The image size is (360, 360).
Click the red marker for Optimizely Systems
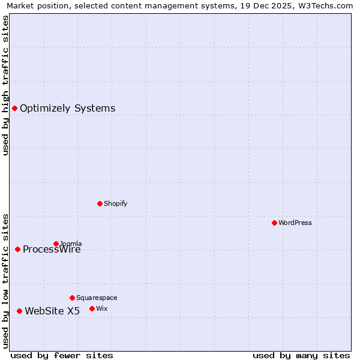pyautogui.click(x=15, y=108)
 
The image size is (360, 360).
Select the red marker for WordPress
pyautogui.click(x=274, y=223)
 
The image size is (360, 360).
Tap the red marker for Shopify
pyautogui.click(x=100, y=203)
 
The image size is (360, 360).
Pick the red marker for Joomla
pyautogui.click(x=56, y=244)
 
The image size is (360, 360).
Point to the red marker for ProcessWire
pyautogui.click(x=17, y=249)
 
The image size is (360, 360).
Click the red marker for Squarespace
pyautogui.click(x=72, y=298)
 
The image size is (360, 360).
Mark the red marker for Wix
pyautogui.click(x=92, y=308)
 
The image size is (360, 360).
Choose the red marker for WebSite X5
pyautogui.click(x=19, y=311)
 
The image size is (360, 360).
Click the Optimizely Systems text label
pyautogui.click(x=67, y=109)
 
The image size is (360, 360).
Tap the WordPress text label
pyautogui.click(x=295, y=223)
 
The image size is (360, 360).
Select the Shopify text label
pyautogui.click(x=115, y=203)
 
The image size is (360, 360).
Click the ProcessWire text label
pyautogui.click(x=52, y=250)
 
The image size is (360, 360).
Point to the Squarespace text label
pyautogui.click(x=97, y=298)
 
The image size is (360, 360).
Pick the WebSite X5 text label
pyautogui.click(x=52, y=311)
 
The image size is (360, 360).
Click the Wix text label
pyautogui.click(x=101, y=308)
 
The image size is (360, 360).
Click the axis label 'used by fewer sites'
pyautogui.click(x=62, y=355)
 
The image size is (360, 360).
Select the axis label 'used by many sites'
pyautogui.click(x=301, y=355)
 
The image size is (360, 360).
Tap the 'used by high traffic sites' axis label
pyautogui.click(x=5, y=85)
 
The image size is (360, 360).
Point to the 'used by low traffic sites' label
pyautogui.click(x=5, y=280)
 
